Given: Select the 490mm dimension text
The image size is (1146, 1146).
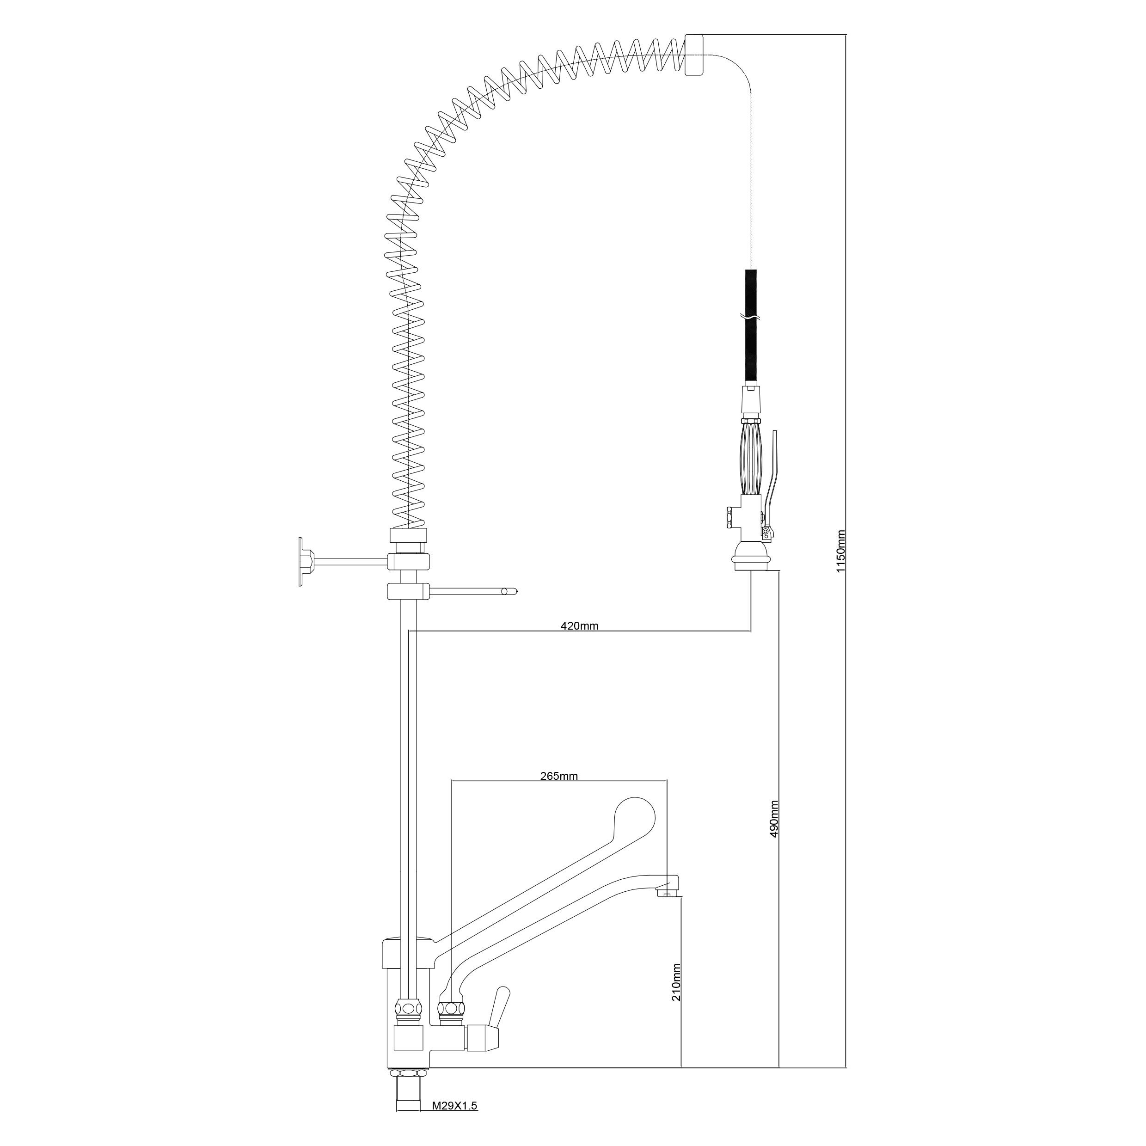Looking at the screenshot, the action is [x=773, y=819].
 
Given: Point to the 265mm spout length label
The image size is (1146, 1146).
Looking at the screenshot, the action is [x=559, y=776].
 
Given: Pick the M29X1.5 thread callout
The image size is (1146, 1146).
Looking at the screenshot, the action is [x=454, y=1106].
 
